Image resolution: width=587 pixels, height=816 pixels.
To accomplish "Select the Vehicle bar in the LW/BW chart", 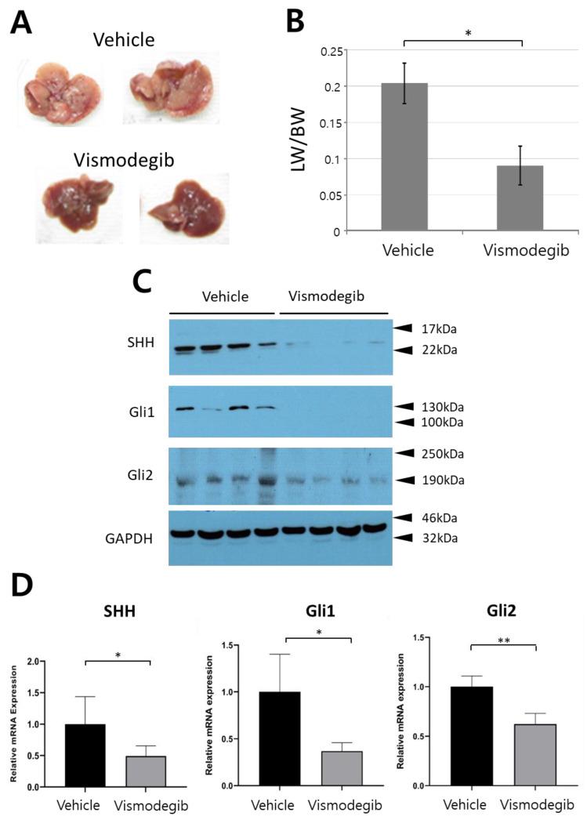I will [x=404, y=157].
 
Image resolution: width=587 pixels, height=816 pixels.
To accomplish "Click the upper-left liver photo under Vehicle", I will [x=61, y=92].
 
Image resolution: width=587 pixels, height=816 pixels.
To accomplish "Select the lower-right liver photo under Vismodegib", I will [x=184, y=208].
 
